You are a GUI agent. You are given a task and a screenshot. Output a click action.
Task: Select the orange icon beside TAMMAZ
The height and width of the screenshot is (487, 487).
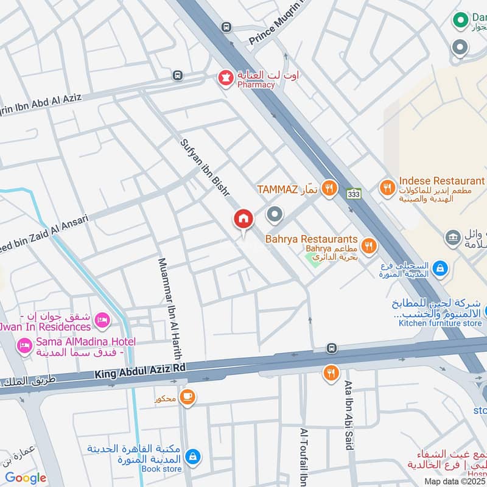point(329,188)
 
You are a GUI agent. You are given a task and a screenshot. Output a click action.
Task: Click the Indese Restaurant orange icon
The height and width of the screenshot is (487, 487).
point(387,188)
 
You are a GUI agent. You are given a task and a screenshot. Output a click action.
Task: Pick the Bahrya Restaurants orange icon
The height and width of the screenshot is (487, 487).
point(368,246)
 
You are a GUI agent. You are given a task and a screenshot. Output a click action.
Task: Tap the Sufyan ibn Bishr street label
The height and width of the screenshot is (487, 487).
point(205,167)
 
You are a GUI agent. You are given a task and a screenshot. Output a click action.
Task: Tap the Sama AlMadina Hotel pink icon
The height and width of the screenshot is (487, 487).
point(25,346)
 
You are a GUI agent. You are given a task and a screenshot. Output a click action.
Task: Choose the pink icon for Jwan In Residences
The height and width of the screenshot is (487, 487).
point(103,319)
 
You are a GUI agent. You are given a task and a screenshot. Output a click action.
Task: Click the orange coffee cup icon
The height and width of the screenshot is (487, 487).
point(187,396)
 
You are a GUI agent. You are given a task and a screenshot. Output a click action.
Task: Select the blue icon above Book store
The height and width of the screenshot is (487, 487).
point(193,456)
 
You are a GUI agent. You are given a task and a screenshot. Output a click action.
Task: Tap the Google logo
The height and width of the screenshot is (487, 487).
point(25,478)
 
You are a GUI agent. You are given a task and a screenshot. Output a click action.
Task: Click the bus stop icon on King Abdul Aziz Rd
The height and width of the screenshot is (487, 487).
point(332,348)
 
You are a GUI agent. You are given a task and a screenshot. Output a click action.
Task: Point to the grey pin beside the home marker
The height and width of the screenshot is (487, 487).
point(275,214)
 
